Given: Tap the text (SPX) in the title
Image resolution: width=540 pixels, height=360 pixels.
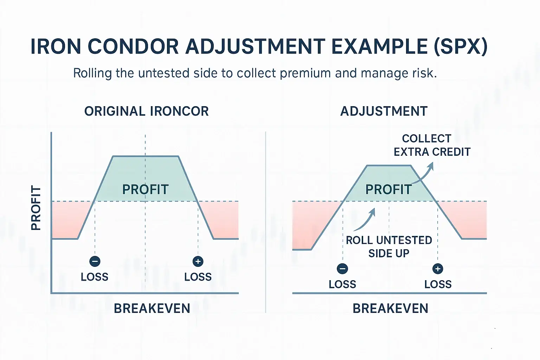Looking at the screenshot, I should click(x=461, y=46).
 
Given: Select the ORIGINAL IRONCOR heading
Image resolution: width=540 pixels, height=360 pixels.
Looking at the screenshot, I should click(x=146, y=111).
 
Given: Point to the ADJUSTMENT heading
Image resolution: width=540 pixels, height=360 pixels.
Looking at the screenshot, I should click(x=384, y=111).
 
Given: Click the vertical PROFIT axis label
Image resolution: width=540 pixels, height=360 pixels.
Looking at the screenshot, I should click(x=36, y=208).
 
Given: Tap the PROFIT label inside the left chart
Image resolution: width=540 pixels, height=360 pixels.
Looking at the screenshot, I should click(x=146, y=189).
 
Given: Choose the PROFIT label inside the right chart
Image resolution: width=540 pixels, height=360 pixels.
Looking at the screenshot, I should click(x=388, y=189).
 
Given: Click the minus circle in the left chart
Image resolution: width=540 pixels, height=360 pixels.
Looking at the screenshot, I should click(x=95, y=261).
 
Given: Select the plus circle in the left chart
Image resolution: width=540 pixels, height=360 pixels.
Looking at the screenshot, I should click(x=198, y=261).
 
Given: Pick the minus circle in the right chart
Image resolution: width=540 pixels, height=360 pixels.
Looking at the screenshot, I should click(x=342, y=269).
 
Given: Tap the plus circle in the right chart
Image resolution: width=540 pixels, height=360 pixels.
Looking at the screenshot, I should click(x=438, y=269).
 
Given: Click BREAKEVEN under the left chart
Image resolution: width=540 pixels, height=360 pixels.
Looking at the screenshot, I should click(x=152, y=308).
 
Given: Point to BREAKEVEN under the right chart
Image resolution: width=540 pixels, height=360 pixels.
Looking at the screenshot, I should click(x=390, y=308).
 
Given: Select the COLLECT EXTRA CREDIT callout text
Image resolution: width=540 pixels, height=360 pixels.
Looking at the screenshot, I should click(x=432, y=145).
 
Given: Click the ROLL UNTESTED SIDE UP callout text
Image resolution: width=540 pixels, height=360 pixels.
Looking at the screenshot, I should click(x=389, y=246).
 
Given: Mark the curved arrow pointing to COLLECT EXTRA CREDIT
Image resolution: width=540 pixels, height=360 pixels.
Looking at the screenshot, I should click(x=425, y=174).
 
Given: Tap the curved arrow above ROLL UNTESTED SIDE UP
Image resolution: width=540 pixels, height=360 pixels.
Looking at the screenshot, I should click(x=366, y=220).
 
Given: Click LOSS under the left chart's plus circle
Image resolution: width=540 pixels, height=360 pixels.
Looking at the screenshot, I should click(x=198, y=277).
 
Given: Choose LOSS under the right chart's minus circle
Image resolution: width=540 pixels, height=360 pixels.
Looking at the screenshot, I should click(x=342, y=284).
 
